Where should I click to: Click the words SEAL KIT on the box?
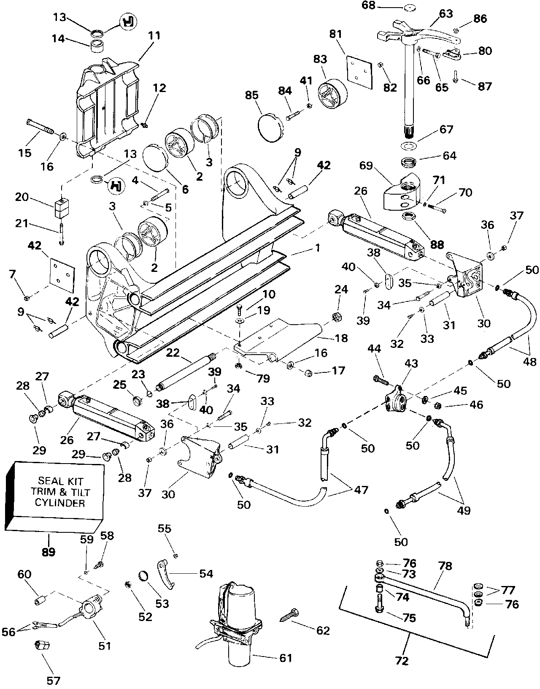61,481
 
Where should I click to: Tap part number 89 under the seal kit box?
49,552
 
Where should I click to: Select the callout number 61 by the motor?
286,658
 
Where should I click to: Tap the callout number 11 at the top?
154,35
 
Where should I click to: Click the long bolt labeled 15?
40,127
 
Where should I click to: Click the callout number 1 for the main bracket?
317,248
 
